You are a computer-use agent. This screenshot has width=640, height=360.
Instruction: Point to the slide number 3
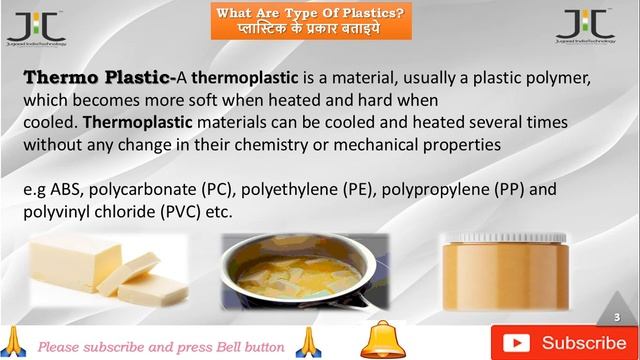point(617,316)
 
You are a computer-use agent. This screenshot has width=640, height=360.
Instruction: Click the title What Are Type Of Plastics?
point(313,12)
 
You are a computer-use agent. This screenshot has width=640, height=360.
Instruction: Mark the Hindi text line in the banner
point(313,29)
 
